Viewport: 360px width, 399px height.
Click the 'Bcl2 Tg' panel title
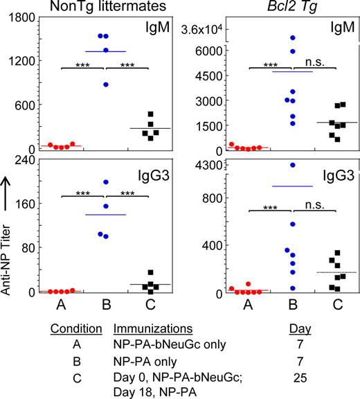pos(271,9)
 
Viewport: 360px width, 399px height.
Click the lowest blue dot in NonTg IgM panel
pos(106,85)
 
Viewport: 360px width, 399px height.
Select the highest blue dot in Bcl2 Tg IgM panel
pos(293,37)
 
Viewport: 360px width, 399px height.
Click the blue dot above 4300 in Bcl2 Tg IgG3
pos(293,165)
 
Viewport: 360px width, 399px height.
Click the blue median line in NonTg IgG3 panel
pos(106,215)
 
